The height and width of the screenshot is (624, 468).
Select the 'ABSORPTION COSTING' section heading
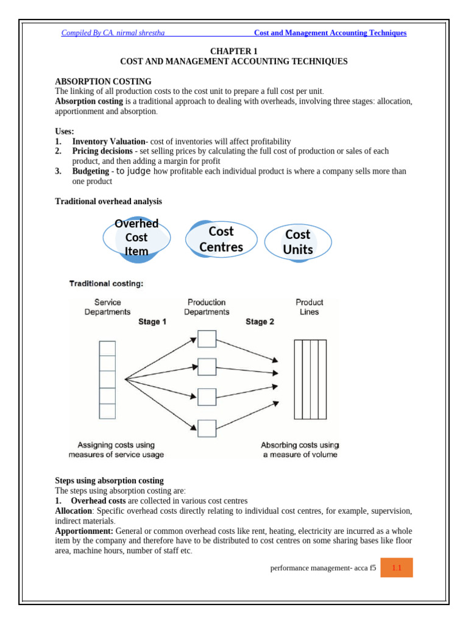click(x=103, y=82)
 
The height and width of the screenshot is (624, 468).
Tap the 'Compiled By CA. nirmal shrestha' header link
click(x=113, y=33)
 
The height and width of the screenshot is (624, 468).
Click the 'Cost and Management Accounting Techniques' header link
click(x=330, y=33)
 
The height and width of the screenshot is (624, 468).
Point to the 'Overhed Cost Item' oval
click(x=136, y=238)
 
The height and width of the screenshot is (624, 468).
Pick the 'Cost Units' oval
click(x=298, y=242)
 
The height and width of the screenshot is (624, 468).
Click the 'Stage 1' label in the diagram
click(x=152, y=322)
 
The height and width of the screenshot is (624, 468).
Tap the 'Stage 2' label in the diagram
click(x=260, y=322)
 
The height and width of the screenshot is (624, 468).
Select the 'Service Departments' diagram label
click(x=107, y=307)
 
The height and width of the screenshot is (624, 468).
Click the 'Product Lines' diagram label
click(x=310, y=307)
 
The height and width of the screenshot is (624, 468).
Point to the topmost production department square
click(x=207, y=339)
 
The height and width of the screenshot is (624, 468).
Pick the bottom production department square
click(x=207, y=428)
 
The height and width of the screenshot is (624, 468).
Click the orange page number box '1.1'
click(x=397, y=568)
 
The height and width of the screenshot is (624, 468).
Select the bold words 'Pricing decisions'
click(x=102, y=151)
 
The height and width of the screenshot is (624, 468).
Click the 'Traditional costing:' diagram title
click(x=107, y=283)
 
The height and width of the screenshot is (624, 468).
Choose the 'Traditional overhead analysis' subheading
click(x=108, y=201)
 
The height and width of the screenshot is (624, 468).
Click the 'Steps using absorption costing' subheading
click(x=109, y=481)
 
